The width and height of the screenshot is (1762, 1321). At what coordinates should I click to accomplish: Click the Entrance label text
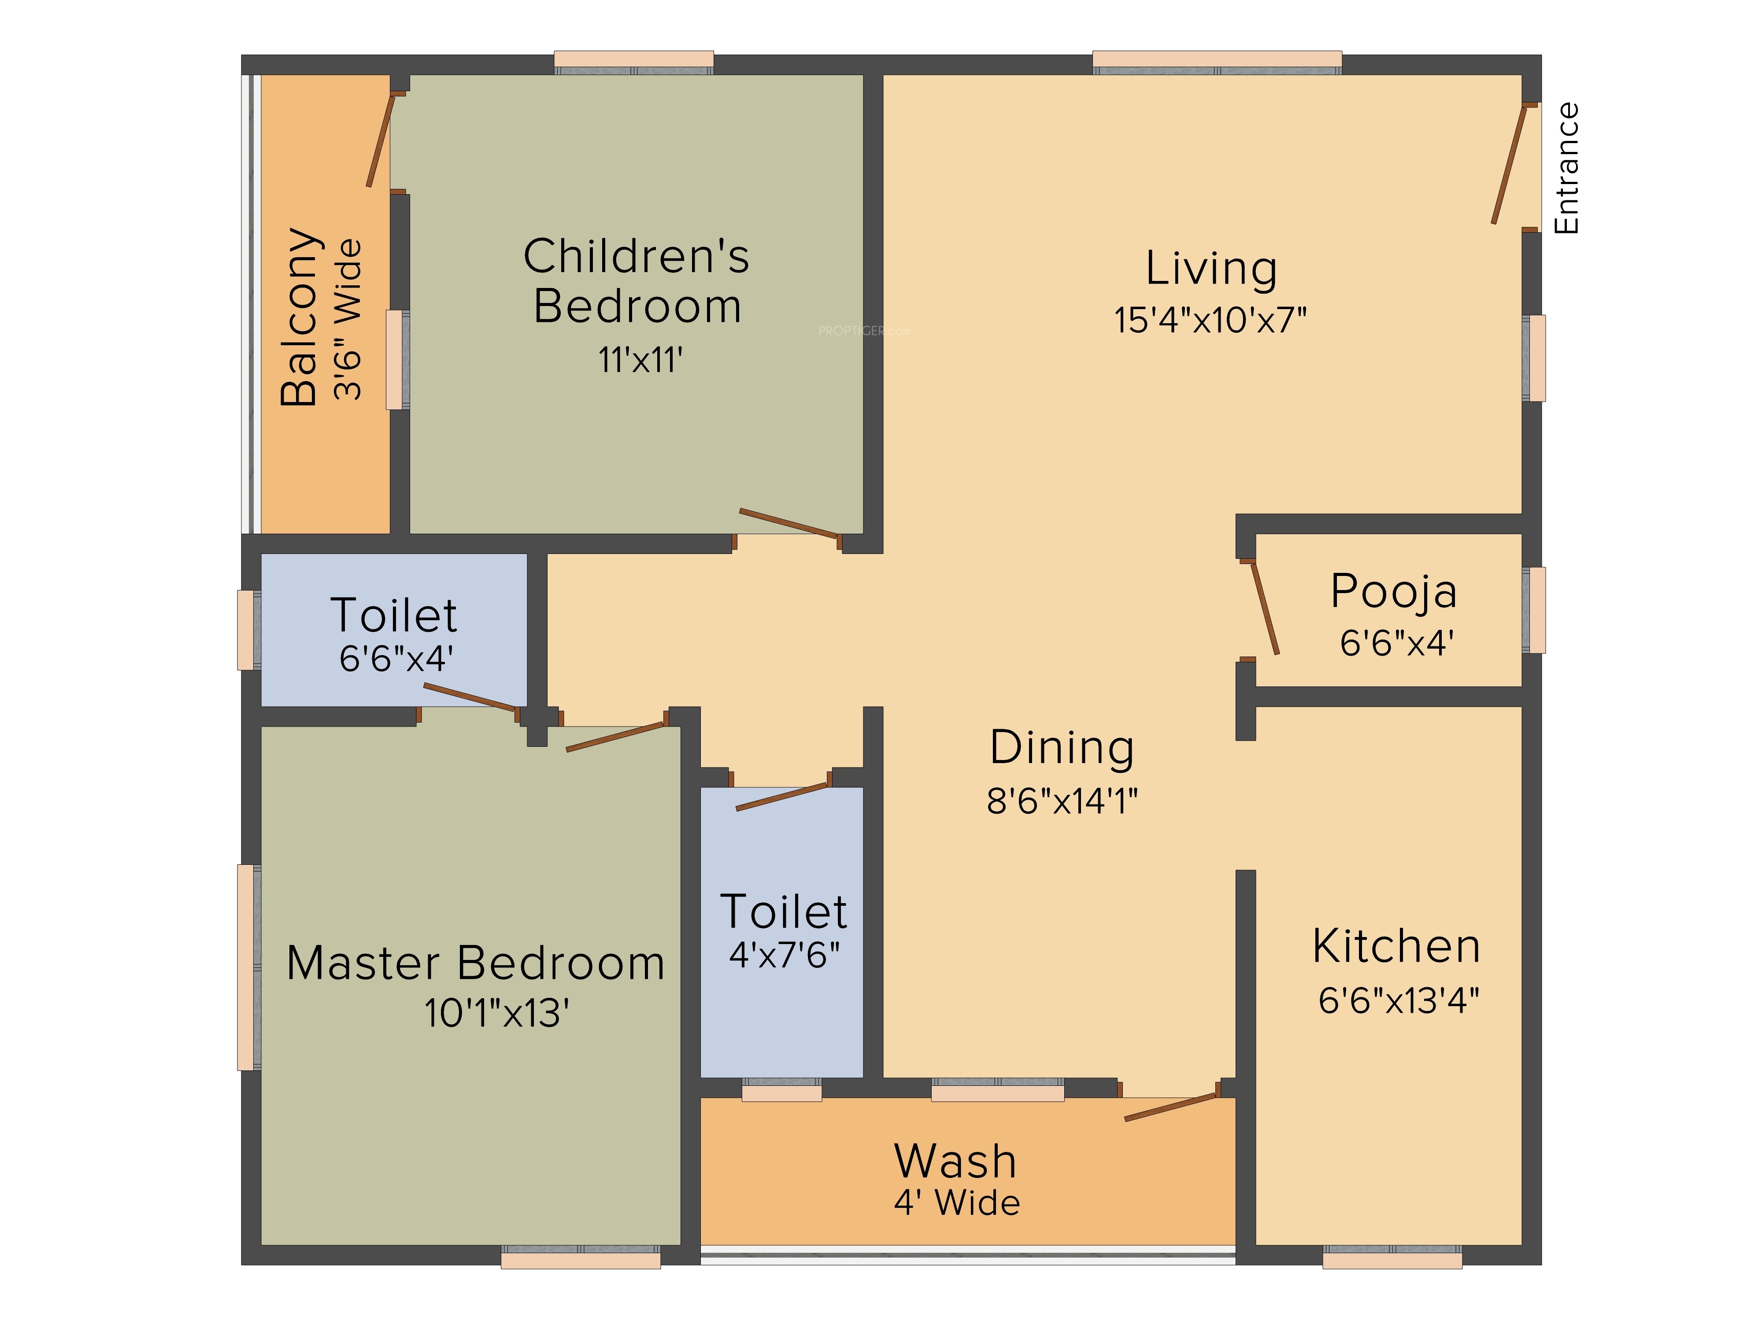point(1566,168)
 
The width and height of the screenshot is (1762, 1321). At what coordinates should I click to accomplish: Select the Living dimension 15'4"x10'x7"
point(1210,319)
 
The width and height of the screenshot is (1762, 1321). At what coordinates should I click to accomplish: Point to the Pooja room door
point(1265,609)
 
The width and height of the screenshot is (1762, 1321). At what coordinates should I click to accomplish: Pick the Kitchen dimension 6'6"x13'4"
point(1399,1000)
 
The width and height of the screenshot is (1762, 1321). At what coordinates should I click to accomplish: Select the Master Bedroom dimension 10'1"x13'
point(496,1013)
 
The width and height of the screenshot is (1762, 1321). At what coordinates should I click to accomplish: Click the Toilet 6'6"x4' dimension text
point(396,658)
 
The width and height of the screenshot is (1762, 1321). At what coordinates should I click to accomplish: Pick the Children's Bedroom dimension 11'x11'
point(640,360)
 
